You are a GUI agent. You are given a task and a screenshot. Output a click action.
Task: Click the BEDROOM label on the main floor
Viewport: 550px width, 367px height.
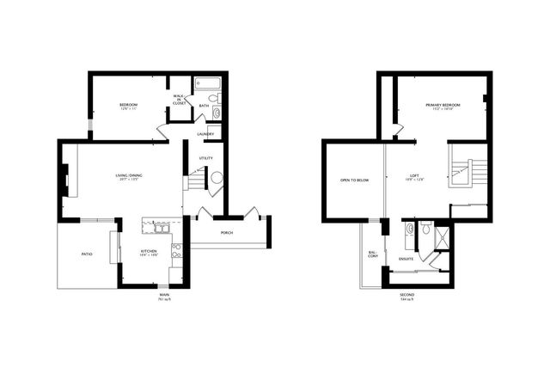[129, 105]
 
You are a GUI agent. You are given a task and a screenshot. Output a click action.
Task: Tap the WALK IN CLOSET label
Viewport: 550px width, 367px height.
[180, 99]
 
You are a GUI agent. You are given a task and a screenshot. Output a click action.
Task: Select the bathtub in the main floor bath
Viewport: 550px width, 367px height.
[209, 84]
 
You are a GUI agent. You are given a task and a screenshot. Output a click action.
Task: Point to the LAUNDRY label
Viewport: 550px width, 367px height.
[205, 134]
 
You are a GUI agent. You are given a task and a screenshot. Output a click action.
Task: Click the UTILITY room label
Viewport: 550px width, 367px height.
[205, 158]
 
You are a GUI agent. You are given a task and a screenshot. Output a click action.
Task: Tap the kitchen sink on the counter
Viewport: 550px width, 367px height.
[161, 228]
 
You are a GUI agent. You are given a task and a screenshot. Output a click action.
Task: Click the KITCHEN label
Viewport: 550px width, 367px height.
[148, 254]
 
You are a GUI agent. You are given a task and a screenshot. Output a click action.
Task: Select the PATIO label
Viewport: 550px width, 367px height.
[87, 254]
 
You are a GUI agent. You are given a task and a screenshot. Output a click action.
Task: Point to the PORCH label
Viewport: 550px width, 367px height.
[227, 233]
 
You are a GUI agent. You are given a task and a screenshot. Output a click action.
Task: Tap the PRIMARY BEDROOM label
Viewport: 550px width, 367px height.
[443, 105]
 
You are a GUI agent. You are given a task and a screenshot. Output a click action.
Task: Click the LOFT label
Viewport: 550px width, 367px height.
[414, 176]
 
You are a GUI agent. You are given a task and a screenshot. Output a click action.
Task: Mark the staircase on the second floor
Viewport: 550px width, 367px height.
[468, 172]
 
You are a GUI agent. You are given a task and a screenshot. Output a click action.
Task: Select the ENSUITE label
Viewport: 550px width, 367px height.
[406, 258]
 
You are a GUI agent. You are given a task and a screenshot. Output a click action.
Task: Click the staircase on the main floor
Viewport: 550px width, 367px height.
[197, 180]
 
